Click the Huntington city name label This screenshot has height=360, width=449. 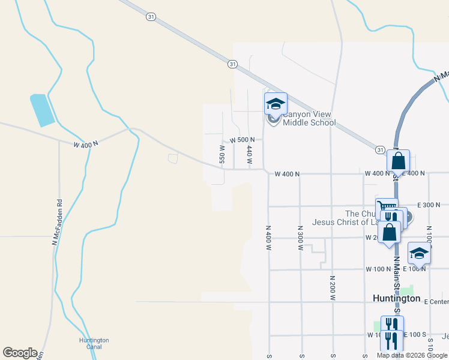(396, 298)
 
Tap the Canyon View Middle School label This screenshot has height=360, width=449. (309, 119)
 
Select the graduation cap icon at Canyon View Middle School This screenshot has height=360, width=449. (276, 104)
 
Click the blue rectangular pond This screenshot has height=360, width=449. (42, 110)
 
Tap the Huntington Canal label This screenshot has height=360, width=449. (94, 343)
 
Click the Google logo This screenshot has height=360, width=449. (20, 353)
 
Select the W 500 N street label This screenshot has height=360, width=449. (243, 140)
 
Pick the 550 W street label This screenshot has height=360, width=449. (221, 154)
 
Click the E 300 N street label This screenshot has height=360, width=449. (427, 205)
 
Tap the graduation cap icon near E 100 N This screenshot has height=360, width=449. (419, 253)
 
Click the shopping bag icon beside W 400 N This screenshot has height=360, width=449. (398, 161)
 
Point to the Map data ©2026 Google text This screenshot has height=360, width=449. (412, 355)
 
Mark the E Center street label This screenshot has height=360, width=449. (436, 301)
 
